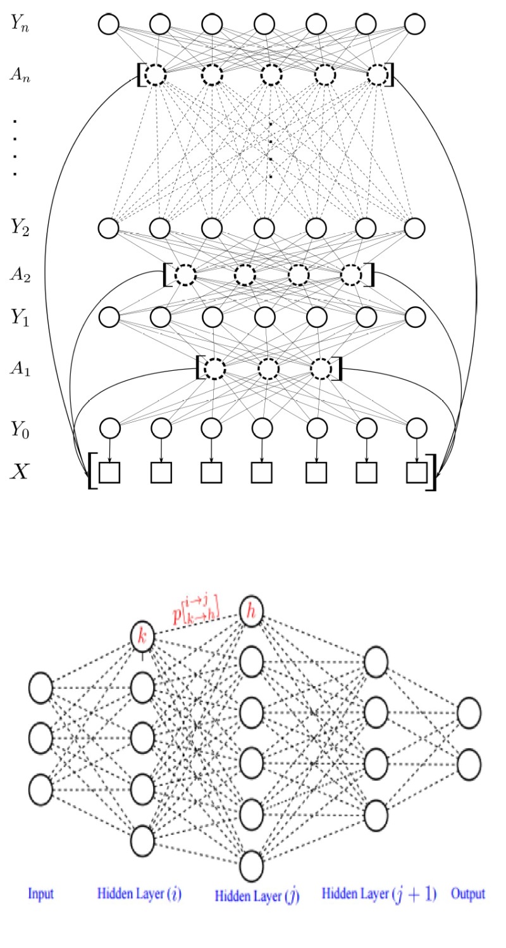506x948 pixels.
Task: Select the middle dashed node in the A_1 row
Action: (269, 368)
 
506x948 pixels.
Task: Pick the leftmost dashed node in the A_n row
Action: (154, 75)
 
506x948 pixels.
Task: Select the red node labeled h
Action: (251, 611)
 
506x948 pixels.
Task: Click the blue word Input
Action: (40, 895)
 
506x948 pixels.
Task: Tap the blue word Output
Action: (468, 894)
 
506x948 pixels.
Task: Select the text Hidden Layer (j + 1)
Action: (379, 894)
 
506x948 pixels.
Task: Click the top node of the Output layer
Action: (468, 713)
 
